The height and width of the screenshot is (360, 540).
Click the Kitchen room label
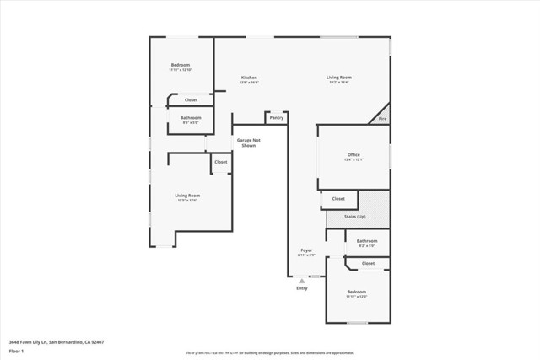click(248, 78)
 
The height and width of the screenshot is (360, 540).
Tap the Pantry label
click(276, 117)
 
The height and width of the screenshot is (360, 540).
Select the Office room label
click(354, 155)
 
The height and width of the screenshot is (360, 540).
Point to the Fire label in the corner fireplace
click(381, 119)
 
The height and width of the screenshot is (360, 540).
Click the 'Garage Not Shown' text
click(248, 142)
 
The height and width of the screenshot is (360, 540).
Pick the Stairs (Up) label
click(355, 217)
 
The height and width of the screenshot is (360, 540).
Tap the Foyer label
click(307, 250)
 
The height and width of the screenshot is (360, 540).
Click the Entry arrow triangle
click(301, 280)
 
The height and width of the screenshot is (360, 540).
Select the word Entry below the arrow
click(301, 288)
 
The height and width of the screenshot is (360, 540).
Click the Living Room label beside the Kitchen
click(338, 78)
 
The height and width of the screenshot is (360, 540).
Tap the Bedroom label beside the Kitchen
click(181, 65)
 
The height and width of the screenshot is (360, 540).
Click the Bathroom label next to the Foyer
click(367, 241)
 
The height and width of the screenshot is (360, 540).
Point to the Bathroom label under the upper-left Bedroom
click(190, 118)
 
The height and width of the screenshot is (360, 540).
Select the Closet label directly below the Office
click(338, 199)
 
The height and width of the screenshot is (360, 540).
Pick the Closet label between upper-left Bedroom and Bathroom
click(191, 99)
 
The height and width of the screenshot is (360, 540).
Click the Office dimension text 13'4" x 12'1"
click(354, 160)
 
